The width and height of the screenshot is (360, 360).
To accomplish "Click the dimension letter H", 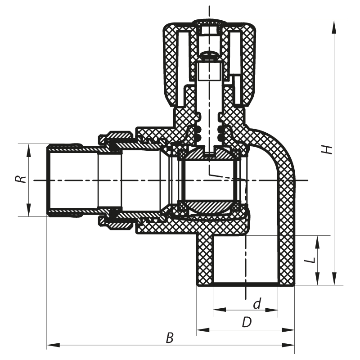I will point(330,149).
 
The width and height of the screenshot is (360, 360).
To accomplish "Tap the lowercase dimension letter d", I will point(256,304).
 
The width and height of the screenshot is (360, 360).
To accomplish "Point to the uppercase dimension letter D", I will point(246,322).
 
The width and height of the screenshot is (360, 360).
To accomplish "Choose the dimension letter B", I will point(169,338).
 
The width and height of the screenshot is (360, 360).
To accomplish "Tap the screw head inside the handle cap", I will point(210,55).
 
